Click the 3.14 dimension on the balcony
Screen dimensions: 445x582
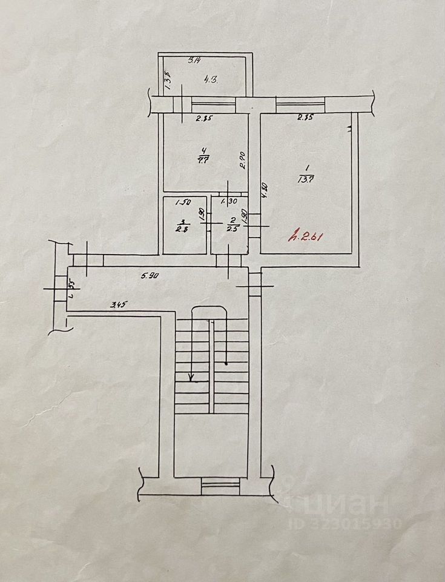194,60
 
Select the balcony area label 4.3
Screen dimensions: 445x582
210,78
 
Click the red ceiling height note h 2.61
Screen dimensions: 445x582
306,236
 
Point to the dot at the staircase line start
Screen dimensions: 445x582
226,364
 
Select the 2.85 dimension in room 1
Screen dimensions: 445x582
305,118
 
